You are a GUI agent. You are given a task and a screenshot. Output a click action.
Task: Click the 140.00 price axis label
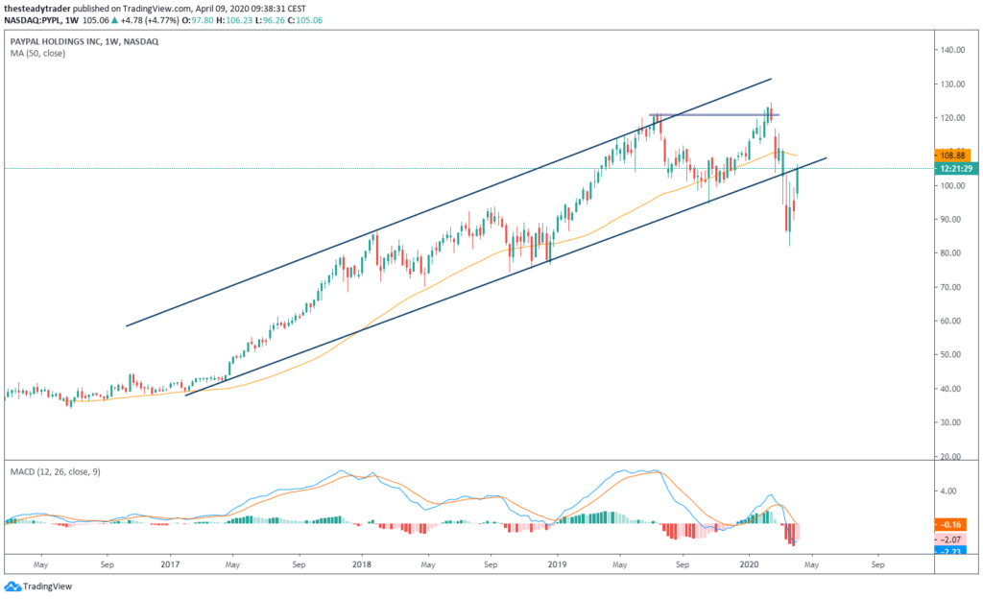point(952,50)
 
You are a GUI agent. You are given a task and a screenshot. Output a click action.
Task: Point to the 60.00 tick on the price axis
point(952,321)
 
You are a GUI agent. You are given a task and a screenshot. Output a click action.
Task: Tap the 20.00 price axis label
point(952,456)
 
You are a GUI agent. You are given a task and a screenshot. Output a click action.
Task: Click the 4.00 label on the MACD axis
point(949,491)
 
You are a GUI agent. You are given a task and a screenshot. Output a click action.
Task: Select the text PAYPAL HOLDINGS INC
point(57,42)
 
